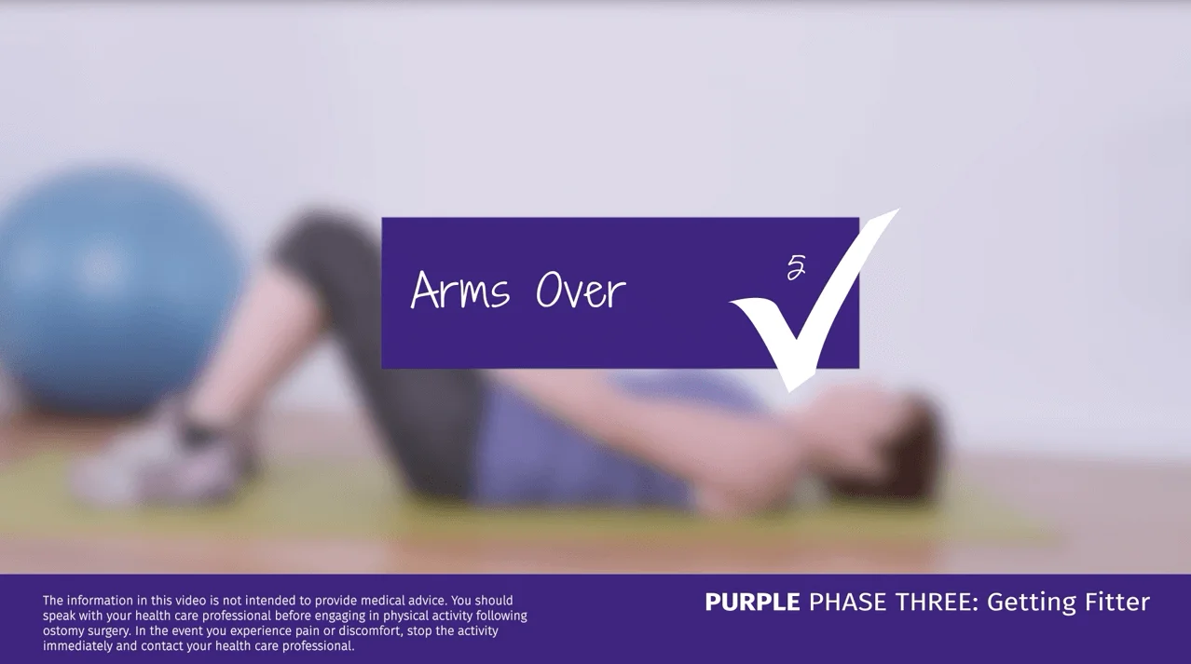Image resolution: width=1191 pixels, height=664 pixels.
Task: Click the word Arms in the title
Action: click(x=460, y=291)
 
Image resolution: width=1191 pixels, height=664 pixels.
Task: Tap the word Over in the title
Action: click(x=580, y=291)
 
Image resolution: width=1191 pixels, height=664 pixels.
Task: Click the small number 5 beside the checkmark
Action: click(x=796, y=268)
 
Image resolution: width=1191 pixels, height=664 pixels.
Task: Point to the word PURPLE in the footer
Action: click(x=752, y=603)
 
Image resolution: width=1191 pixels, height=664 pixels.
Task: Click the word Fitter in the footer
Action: click(x=1117, y=603)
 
